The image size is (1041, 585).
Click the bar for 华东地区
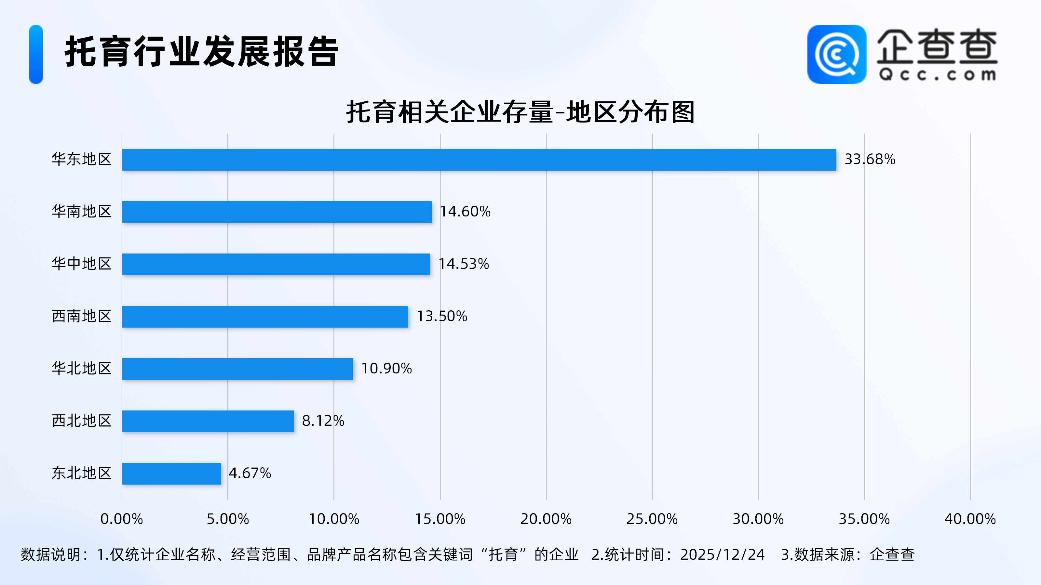pyautogui.click(x=479, y=160)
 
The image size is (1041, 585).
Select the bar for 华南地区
pyautogui.click(x=277, y=212)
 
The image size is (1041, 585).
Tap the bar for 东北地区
pyautogui.click(x=171, y=474)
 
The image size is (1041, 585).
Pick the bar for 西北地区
pyautogui.click(x=208, y=421)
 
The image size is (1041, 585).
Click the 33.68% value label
pyautogui.click(x=870, y=160)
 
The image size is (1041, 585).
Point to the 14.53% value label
pyautogui.click(x=464, y=264)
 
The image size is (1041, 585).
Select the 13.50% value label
pyautogui.click(x=442, y=316)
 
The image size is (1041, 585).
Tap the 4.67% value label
pyautogui.click(x=250, y=473)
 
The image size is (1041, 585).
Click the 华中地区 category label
pyautogui.click(x=82, y=264)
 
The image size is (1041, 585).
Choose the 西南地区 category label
pyautogui.click(x=82, y=316)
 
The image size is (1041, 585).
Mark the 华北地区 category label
pyautogui.click(x=82, y=369)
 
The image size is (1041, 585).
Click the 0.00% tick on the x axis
pyautogui.click(x=122, y=519)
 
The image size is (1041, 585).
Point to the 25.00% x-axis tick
pyautogui.click(x=652, y=519)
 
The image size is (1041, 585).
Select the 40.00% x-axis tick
pyautogui.click(x=970, y=519)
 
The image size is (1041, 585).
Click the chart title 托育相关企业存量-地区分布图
pyautogui.click(x=520, y=112)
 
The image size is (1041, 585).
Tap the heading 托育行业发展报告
pyautogui.click(x=202, y=52)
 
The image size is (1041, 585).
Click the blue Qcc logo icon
pyautogui.click(x=836, y=55)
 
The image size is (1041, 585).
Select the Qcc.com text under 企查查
pyautogui.click(x=937, y=75)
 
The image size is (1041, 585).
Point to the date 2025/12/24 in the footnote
pyautogui.click(x=722, y=555)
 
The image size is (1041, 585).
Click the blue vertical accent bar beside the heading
pyautogui.click(x=36, y=55)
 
